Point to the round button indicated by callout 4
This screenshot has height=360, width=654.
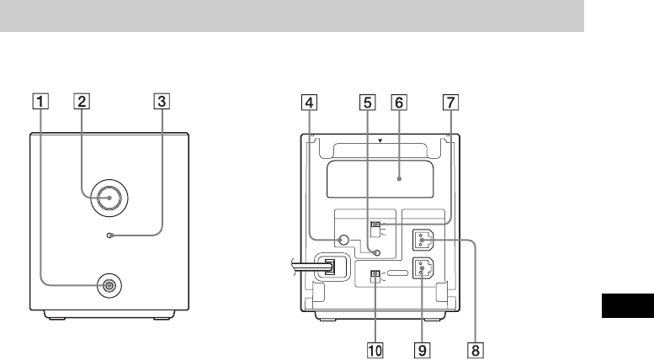click(342, 241)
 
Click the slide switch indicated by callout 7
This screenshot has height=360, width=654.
click(376, 225)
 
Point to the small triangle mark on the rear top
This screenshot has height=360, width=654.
click(380, 141)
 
